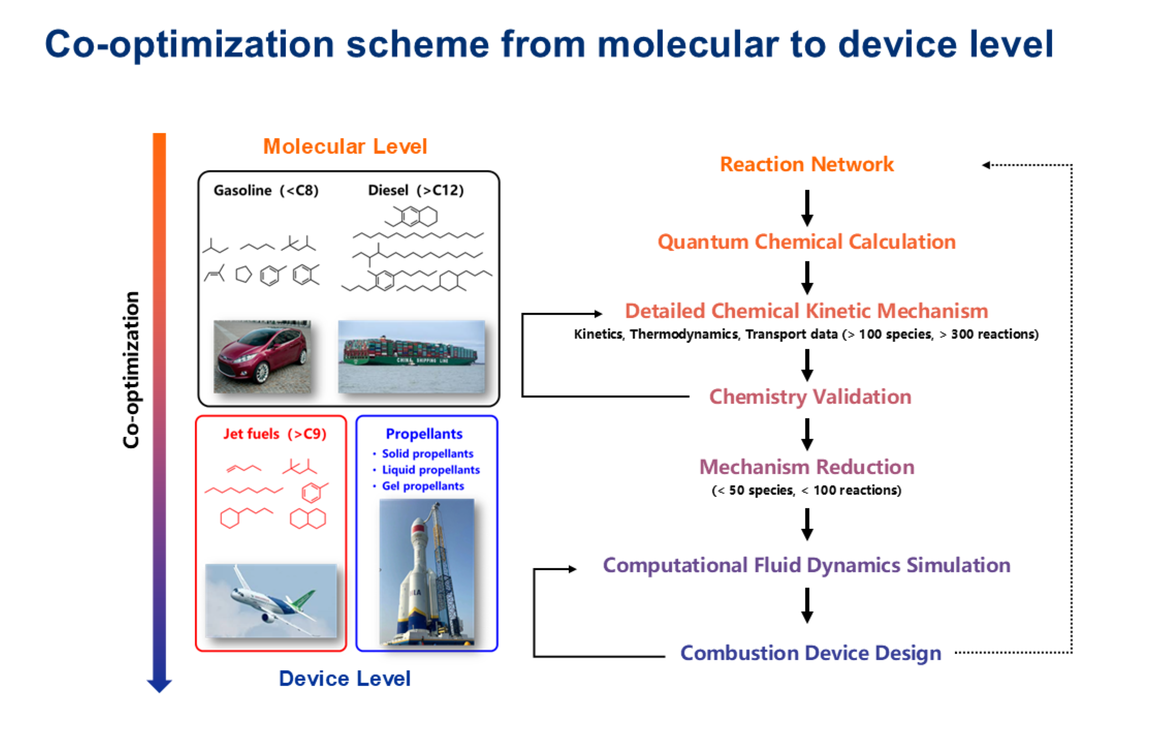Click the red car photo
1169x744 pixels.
[x=262, y=356]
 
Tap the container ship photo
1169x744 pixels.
[x=411, y=356]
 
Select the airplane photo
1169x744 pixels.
[x=271, y=600]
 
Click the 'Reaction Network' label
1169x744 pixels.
[x=807, y=164]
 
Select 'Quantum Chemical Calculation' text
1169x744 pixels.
[x=807, y=242]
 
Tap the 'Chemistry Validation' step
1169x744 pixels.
[x=810, y=397]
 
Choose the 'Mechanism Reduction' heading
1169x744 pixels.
[x=807, y=467]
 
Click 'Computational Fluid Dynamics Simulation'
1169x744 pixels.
[x=807, y=565]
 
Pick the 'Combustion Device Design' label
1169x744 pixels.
[x=811, y=653]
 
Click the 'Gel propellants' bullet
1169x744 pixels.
[x=422, y=486]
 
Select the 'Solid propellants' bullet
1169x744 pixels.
[x=427, y=454]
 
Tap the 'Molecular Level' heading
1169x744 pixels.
[x=345, y=147]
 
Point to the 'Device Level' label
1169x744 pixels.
[x=344, y=678]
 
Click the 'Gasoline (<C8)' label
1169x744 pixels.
[x=266, y=191]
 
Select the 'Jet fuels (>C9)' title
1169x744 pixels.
[x=275, y=434]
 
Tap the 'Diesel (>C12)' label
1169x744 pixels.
[x=416, y=191]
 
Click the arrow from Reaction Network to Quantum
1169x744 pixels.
[x=807, y=208]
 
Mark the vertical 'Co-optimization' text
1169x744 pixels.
[x=132, y=369]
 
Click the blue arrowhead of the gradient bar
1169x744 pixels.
[x=159, y=686]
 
